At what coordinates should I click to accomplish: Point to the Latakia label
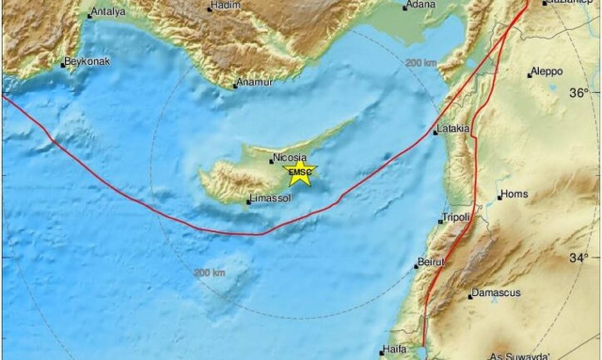pyautogui.click(x=453, y=129)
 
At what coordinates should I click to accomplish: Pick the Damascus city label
pyautogui.click(x=496, y=293)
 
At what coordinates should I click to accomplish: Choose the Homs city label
pyautogui.click(x=514, y=195)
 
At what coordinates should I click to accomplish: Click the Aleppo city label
pyautogui.click(x=546, y=71)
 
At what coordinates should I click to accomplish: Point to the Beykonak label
pyautogui.click(x=86, y=63)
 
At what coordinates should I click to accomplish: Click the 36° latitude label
pyautogui.click(x=578, y=92)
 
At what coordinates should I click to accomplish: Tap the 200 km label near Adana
pyautogui.click(x=420, y=62)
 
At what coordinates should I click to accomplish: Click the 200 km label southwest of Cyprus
pyautogui.click(x=210, y=273)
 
